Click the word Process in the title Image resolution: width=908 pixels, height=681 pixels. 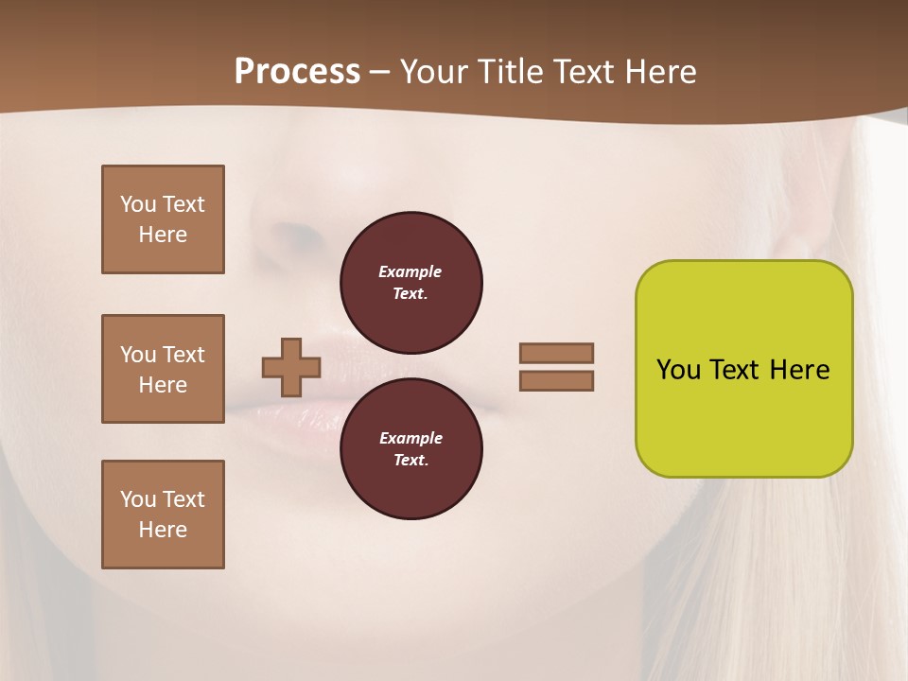pyautogui.click(x=297, y=72)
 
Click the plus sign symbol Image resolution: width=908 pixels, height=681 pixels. pyautogui.click(x=291, y=367)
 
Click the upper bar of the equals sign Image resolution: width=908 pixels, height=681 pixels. pyautogui.click(x=556, y=353)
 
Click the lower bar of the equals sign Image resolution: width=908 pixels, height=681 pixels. pyautogui.click(x=556, y=380)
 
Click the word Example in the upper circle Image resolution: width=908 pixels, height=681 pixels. pyautogui.click(x=410, y=271)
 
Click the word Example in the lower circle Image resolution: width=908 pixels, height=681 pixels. pyautogui.click(x=410, y=438)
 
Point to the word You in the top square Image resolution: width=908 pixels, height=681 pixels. pyautogui.click(x=138, y=204)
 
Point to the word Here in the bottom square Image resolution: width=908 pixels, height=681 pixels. pyautogui.click(x=163, y=530)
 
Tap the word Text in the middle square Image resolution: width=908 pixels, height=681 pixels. pyautogui.click(x=183, y=355)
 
